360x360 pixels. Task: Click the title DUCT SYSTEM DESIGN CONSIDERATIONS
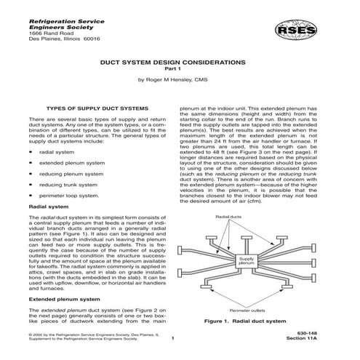click(x=179, y=63)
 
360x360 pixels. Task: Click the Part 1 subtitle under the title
click(x=179, y=70)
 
